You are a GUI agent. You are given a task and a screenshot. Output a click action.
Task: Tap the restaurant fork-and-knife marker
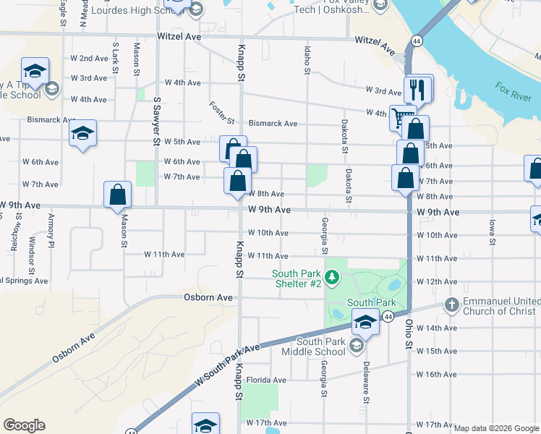tap(418, 90)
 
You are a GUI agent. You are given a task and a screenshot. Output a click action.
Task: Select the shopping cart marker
tap(400, 116)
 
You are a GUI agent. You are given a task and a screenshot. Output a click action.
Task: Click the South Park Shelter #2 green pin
tap(332, 276)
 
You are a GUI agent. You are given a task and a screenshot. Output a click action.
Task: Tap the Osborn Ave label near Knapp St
tap(208, 297)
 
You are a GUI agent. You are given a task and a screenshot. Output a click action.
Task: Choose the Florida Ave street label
tap(266, 380)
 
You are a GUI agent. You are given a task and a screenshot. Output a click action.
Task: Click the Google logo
tap(24, 425)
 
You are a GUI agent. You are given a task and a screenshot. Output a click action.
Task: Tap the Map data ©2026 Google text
tap(496, 428)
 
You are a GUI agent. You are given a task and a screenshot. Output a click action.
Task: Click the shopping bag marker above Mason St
tap(117, 195)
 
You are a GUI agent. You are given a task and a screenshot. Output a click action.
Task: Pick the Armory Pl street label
tap(51, 231)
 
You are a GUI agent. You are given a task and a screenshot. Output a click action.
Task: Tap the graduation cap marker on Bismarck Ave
tap(83, 134)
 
